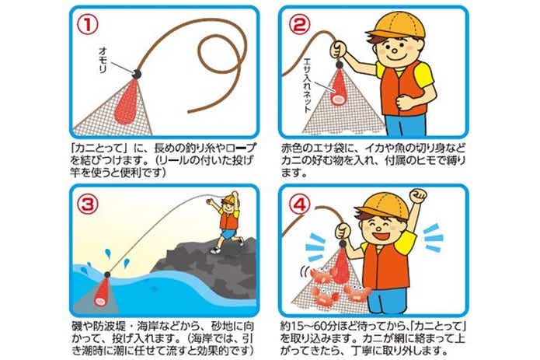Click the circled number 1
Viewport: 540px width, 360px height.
click(87, 24)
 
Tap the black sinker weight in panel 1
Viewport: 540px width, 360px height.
click(137, 73)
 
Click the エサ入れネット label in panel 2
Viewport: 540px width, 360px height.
click(306, 86)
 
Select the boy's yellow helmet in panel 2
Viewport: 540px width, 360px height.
click(396, 26)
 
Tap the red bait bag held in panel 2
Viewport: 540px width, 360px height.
click(340, 88)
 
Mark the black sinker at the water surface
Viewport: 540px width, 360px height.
click(107, 274)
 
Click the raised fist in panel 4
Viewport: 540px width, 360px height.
click(418, 196)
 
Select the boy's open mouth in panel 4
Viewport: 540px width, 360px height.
click(384, 236)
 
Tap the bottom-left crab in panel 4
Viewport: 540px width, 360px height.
click(325, 295)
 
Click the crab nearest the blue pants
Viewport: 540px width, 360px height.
click(357, 292)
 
